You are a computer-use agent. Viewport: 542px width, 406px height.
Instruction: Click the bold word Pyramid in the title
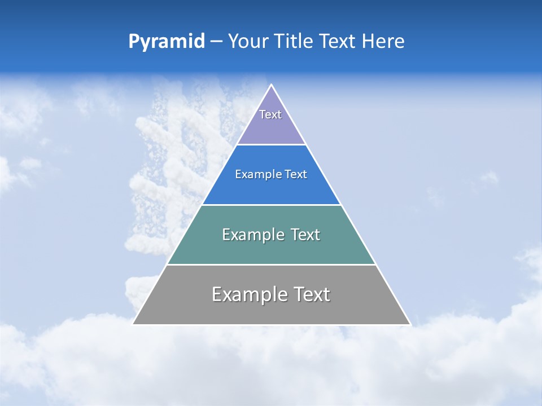[166, 42]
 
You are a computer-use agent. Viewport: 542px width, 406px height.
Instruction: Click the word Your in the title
[248, 42]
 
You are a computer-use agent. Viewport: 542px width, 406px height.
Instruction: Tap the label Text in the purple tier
[270, 114]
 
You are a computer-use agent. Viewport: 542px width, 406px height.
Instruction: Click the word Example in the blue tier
[256, 175]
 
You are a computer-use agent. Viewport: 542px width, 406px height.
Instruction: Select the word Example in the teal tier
[251, 235]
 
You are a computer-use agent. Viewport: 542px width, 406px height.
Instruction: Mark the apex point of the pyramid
[272, 85]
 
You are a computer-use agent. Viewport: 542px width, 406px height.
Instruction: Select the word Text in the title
[337, 42]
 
